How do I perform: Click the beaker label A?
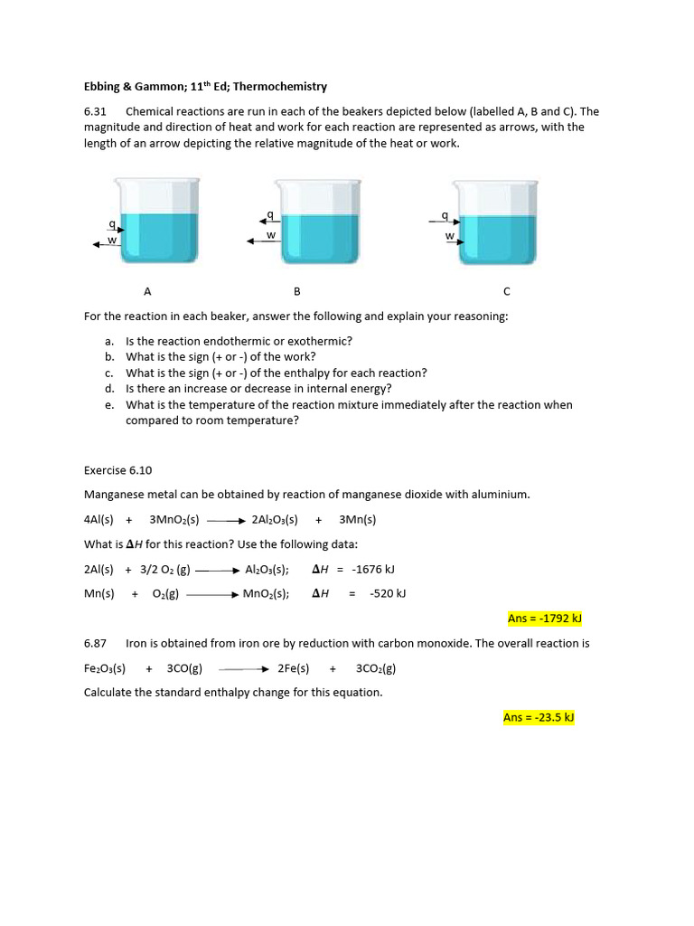point(147,291)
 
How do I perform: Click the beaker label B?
point(296,291)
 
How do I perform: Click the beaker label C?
point(506,291)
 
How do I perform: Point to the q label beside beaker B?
point(269,214)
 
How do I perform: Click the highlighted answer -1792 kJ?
point(544,619)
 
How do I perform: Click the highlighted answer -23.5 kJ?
point(539,717)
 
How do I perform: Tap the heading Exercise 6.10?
point(117,470)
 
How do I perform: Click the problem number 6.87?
point(95,643)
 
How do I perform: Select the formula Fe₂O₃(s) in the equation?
point(105,668)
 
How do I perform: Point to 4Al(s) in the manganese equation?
point(98,519)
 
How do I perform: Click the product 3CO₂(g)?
point(376,668)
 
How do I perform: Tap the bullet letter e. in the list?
point(109,405)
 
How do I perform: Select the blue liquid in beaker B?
point(320,239)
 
